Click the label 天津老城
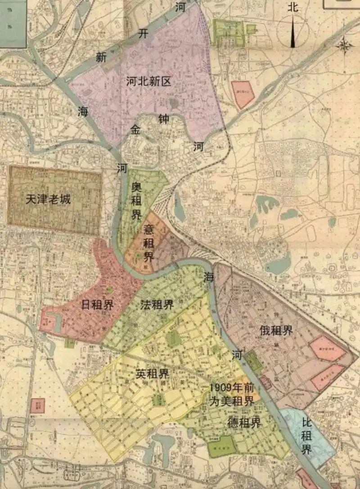[48, 199]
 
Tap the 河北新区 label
[149, 81]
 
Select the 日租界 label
[97, 305]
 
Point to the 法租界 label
[157, 305]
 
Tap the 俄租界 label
[276, 331]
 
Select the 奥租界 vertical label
[136, 200]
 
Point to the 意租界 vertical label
[148, 244]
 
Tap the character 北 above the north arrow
[293, 7]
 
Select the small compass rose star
[344, 45]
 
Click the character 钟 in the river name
[163, 119]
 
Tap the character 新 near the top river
[101, 57]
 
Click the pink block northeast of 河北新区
[243, 94]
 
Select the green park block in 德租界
[222, 446]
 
